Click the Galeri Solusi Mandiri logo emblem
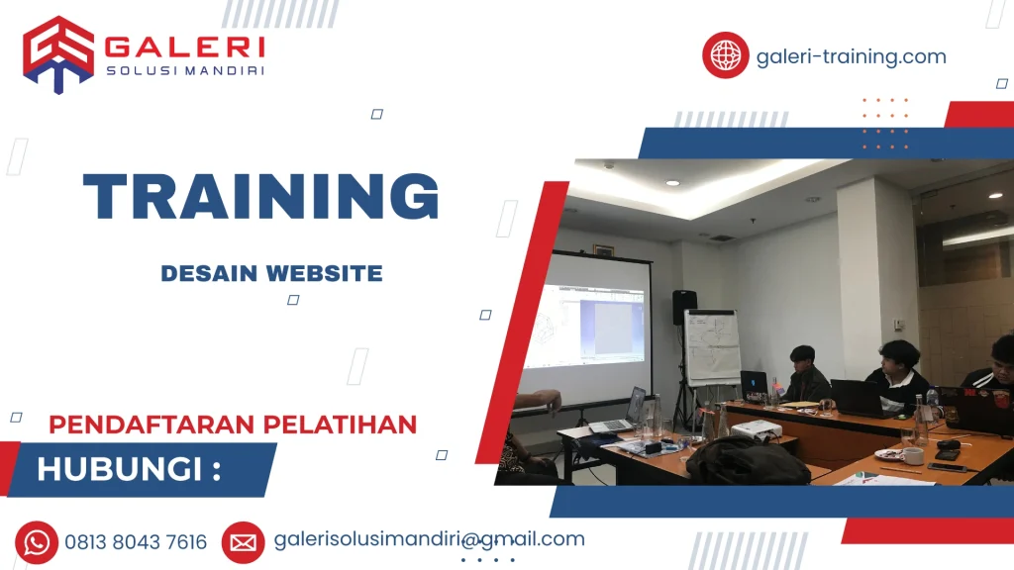coord(58,54)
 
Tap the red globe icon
coord(725,55)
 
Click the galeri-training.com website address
coord(851,56)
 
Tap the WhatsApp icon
coord(37,541)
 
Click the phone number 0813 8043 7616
coord(136,542)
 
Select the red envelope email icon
coord(243,541)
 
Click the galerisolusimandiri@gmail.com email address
coord(429,539)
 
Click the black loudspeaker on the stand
coord(684,307)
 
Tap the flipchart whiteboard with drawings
coord(712,347)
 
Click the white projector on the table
coord(756,428)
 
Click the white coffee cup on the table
coord(912,455)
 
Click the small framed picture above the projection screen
coord(602,250)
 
